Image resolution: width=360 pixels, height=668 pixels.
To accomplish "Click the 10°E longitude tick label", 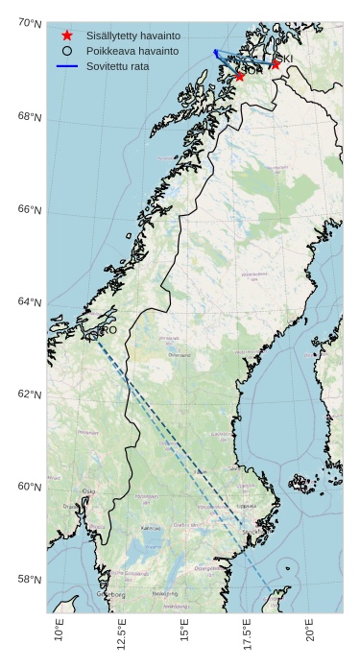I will point(60,634).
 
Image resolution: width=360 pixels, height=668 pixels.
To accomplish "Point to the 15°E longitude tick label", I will point(184,634).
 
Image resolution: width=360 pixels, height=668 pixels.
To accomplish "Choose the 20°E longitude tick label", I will point(310,634).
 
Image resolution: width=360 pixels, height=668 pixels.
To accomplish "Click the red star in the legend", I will point(66,35).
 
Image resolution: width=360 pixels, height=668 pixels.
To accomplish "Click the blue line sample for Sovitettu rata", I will point(66,66).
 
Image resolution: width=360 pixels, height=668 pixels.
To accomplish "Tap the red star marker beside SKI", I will point(276,64).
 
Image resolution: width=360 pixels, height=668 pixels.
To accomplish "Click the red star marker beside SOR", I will point(240,75).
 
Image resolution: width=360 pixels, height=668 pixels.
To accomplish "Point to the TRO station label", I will point(108,330).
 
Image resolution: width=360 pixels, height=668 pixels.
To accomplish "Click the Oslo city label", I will point(89,491).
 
